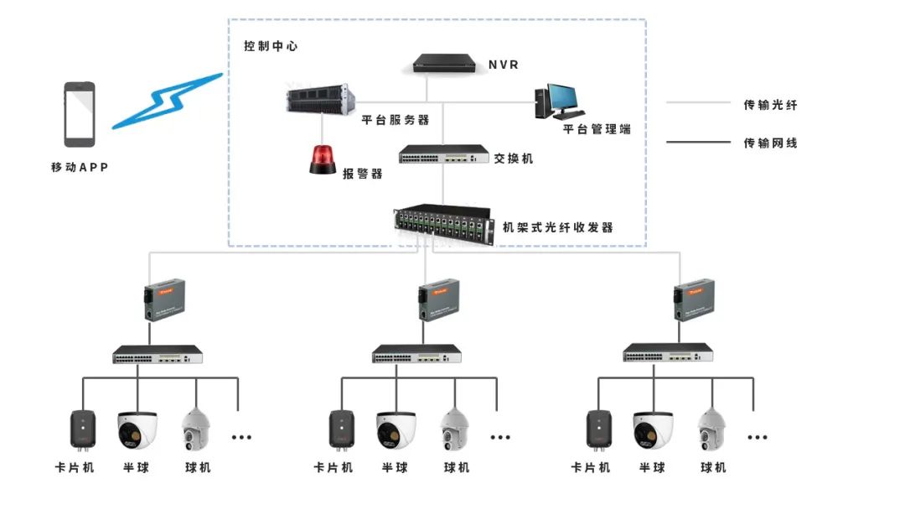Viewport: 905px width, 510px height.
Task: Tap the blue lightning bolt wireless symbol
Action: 168,101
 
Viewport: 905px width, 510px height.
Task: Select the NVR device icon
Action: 447,64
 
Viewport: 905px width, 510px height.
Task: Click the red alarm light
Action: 323,160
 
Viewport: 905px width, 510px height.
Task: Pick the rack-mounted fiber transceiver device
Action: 442,225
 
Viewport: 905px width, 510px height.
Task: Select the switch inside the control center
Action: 443,154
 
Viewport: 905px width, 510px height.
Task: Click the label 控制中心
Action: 270,46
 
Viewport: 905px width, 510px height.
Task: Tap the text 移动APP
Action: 80,167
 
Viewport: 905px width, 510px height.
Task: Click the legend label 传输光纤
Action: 770,105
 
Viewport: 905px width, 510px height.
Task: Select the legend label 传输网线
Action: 770,143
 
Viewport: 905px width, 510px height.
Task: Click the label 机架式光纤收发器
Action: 557,226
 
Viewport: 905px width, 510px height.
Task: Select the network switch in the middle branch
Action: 416,354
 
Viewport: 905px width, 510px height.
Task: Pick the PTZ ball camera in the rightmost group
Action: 713,430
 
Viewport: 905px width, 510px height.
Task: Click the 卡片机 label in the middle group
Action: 334,467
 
